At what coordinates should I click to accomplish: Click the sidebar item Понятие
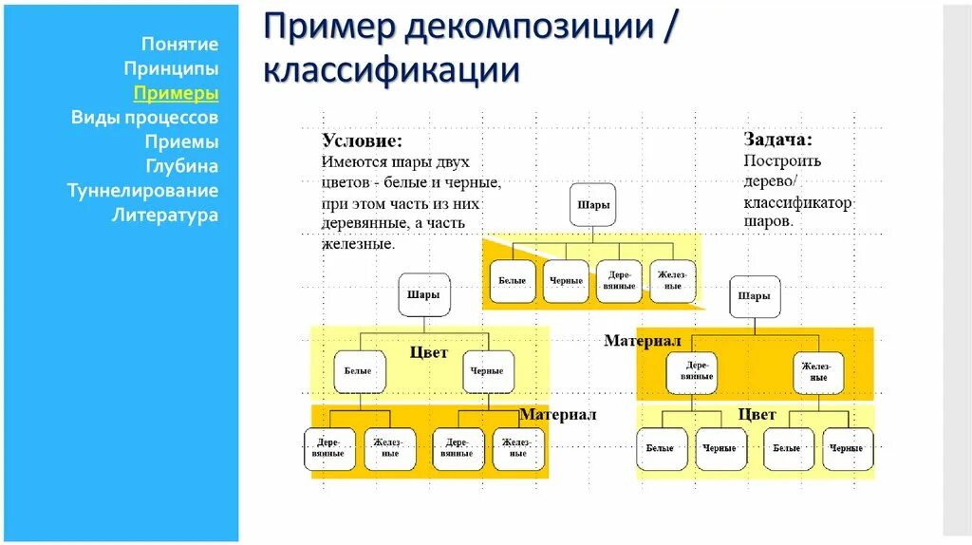pyautogui.click(x=179, y=44)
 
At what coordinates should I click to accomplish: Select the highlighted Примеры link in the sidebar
pyautogui.click(x=176, y=93)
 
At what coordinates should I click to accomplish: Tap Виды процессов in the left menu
pyautogui.click(x=144, y=118)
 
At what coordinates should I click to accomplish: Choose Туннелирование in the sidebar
pyautogui.click(x=142, y=191)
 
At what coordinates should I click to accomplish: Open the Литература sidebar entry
pyautogui.click(x=165, y=215)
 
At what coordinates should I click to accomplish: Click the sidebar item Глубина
pyautogui.click(x=181, y=166)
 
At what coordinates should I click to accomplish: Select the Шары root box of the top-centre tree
pyautogui.click(x=593, y=205)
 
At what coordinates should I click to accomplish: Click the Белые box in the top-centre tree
pyautogui.click(x=512, y=280)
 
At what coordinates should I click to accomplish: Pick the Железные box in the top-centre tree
pyautogui.click(x=673, y=280)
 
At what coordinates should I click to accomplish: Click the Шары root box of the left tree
pyautogui.click(x=422, y=295)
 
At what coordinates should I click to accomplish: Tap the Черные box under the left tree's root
pyautogui.click(x=487, y=371)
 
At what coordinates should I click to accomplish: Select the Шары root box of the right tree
pyautogui.click(x=755, y=296)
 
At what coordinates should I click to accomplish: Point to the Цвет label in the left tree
pyautogui.click(x=428, y=352)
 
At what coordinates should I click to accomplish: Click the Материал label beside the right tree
pyautogui.click(x=643, y=340)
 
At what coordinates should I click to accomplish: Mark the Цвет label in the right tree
pyautogui.click(x=757, y=414)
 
